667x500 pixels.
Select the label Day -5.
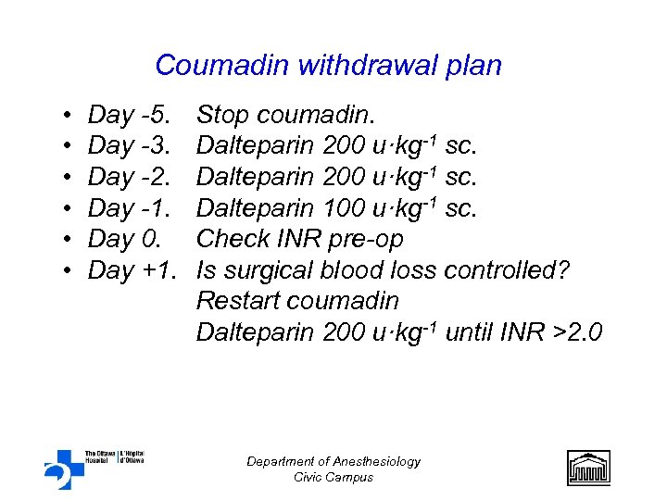(129, 116)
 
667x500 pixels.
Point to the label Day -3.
(129, 146)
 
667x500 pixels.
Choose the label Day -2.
(129, 177)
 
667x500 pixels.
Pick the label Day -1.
(129, 207)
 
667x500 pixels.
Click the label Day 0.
(123, 239)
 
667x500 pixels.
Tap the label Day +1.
(133, 270)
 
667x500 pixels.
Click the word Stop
(222, 116)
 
